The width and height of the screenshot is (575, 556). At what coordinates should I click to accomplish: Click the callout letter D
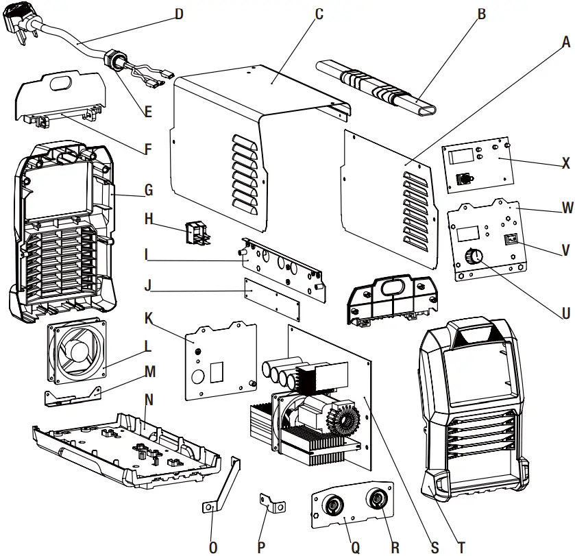coord(179,13)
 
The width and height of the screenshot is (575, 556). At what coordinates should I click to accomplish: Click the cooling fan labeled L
coord(76,350)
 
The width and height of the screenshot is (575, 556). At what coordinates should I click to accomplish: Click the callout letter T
coord(461,546)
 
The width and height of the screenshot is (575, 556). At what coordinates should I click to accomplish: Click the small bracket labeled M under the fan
coord(72,396)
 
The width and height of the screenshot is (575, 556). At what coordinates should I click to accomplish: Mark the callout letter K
coord(148,318)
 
